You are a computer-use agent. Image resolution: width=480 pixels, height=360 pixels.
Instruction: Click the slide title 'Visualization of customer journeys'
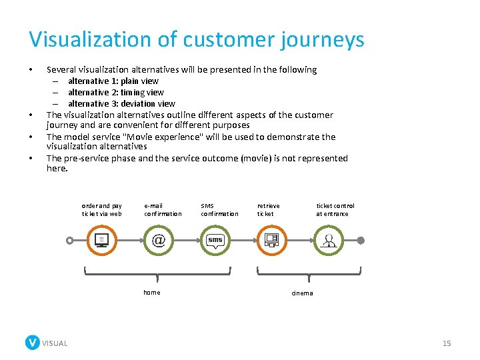click(197, 39)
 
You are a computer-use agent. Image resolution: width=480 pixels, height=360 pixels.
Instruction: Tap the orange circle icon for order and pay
click(101, 240)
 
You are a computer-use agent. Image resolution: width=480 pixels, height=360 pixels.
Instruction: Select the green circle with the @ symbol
click(159, 240)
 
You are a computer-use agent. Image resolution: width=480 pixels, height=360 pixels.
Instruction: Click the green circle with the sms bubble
click(215, 240)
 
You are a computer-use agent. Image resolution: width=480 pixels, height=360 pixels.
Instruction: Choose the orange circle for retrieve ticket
click(271, 240)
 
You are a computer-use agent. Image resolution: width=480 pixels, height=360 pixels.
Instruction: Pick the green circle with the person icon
click(328, 240)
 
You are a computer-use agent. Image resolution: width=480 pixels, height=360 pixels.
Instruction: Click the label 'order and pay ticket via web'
click(101, 210)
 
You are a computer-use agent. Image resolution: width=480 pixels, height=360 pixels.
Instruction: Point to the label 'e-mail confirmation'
click(162, 210)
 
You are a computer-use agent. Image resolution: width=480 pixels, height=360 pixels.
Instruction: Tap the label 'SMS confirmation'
click(219, 210)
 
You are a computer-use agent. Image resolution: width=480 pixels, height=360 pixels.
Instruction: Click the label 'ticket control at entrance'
click(335, 210)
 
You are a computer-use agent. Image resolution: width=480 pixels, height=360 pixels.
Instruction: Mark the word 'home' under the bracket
click(152, 293)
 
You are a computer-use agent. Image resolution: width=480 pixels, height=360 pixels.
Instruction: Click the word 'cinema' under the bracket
click(302, 293)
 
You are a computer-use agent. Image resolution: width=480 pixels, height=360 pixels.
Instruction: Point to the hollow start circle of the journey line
click(69, 240)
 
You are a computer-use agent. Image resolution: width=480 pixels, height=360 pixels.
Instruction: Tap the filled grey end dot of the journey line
click(361, 240)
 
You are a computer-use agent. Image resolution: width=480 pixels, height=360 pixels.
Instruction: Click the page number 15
click(447, 343)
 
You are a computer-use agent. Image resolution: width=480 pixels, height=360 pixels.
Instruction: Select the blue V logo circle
click(32, 343)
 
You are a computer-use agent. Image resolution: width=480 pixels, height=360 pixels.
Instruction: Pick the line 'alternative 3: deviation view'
click(121, 103)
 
